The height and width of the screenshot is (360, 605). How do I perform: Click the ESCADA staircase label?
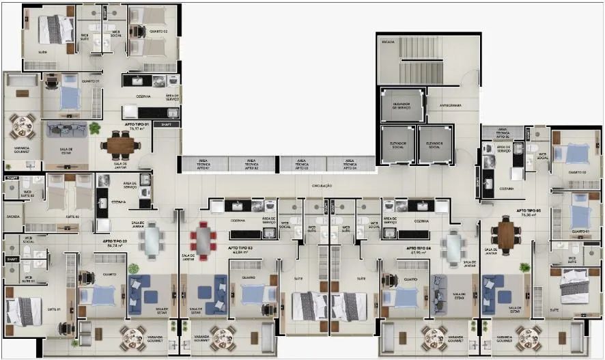coord(388,42)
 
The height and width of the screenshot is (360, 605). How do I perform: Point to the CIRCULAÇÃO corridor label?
coord(321,185)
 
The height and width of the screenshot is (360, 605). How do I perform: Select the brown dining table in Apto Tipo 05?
coord(505,234)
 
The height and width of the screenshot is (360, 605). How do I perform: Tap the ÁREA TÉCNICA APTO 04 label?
coord(350,164)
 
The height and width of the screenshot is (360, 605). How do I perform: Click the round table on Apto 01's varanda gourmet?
coord(22,125)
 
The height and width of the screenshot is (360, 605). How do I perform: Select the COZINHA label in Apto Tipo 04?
coord(421,221)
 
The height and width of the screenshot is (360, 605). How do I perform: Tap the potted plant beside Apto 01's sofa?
coord(94,128)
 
